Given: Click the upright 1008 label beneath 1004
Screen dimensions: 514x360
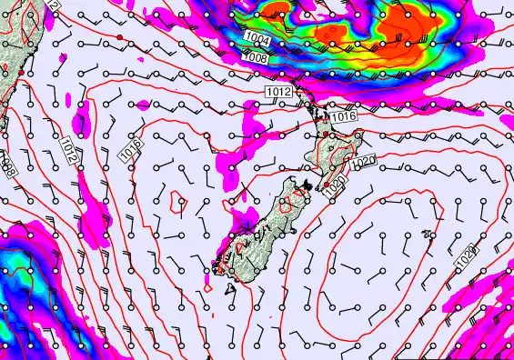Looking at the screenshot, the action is [256, 57].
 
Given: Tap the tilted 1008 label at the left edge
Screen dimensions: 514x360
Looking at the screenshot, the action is [7, 165].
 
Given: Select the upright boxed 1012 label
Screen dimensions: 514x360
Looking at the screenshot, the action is [278, 93].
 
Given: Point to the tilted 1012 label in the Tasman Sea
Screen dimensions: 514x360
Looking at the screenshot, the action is [71, 148].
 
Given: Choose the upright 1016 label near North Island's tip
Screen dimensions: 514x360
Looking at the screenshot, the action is [341, 117].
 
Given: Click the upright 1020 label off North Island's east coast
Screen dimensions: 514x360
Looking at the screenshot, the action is [362, 162].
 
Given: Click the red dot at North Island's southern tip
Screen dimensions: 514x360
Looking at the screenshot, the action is [326, 185].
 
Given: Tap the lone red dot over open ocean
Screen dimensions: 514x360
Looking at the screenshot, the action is [119, 37].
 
